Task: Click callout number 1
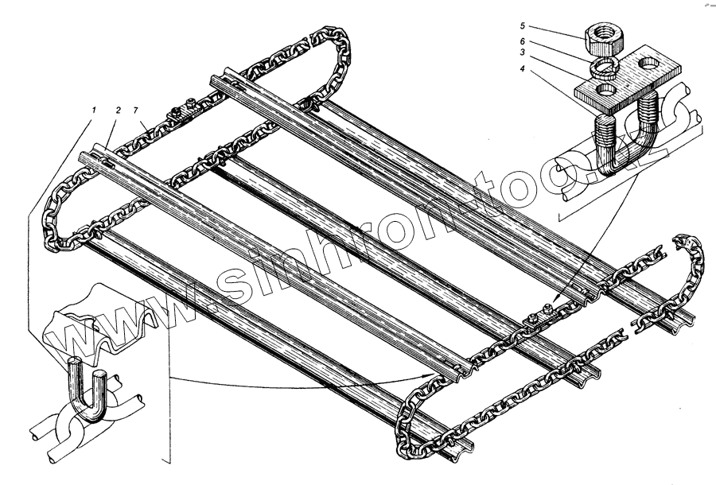tap(95, 111)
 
